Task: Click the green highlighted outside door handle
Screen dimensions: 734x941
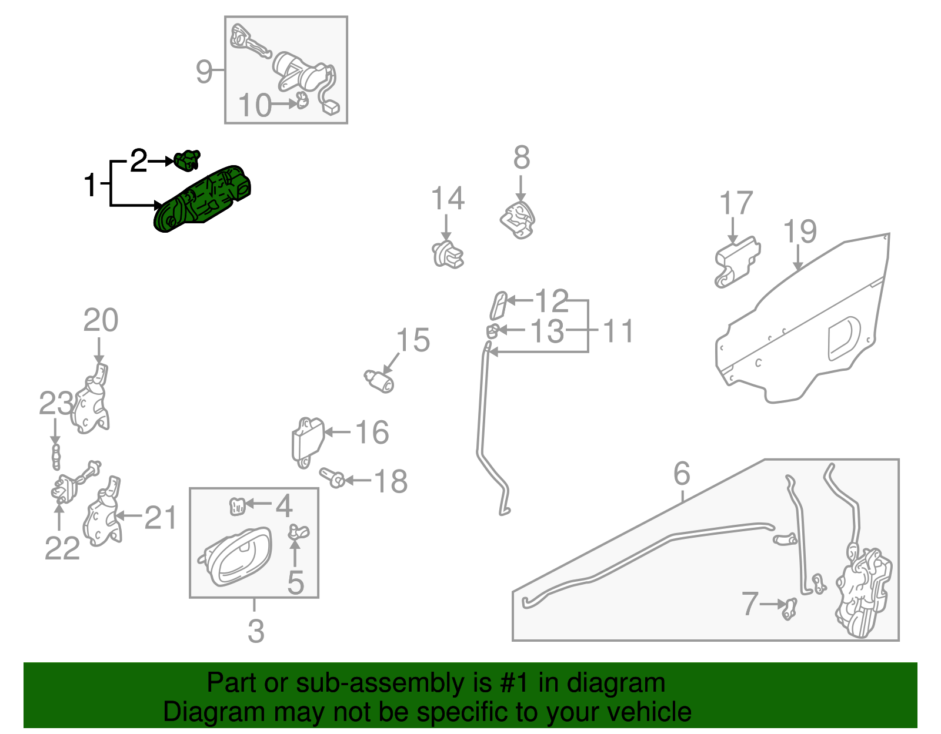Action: pos(203,200)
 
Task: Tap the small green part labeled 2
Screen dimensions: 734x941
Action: pos(187,160)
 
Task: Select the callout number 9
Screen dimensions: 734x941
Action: pos(204,72)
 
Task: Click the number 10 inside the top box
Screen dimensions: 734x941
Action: pos(255,106)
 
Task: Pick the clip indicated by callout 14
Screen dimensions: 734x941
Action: pos(448,254)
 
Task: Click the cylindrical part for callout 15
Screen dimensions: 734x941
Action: pos(380,380)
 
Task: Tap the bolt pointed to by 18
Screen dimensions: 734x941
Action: pos(332,477)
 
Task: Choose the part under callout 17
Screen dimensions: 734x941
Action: pos(736,262)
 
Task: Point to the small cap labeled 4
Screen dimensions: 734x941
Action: pos(236,505)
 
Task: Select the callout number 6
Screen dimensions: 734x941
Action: pos(681,473)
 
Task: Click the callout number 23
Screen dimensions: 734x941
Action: pos(56,404)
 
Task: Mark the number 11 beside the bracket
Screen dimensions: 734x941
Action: pos(618,331)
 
